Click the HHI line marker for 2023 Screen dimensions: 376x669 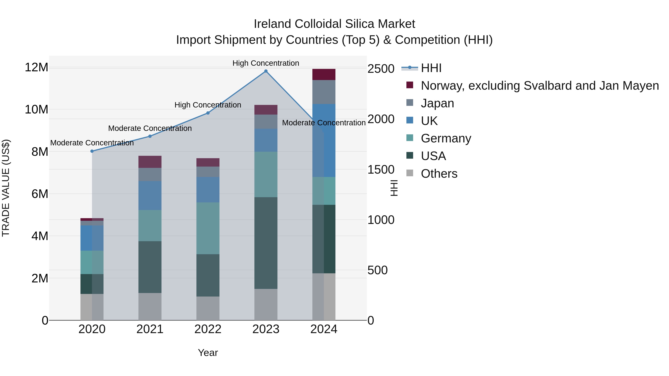click(x=266, y=71)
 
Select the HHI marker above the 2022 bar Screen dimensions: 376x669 click(x=208, y=113)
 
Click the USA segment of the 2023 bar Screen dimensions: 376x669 click(x=266, y=243)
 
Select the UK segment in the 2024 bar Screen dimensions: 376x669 click(x=324, y=140)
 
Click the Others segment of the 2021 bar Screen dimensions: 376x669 click(x=150, y=306)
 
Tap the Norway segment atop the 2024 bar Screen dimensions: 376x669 click(x=324, y=74)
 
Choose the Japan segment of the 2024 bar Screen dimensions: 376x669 click(x=324, y=92)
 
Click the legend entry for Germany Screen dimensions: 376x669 click(x=446, y=138)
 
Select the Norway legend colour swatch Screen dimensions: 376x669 click(x=410, y=85)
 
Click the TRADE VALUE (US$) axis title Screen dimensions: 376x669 click(x=6, y=188)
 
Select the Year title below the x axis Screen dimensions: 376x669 click(x=208, y=353)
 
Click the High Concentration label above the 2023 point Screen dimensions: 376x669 click(x=266, y=63)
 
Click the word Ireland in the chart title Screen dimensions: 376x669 click(x=272, y=24)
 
